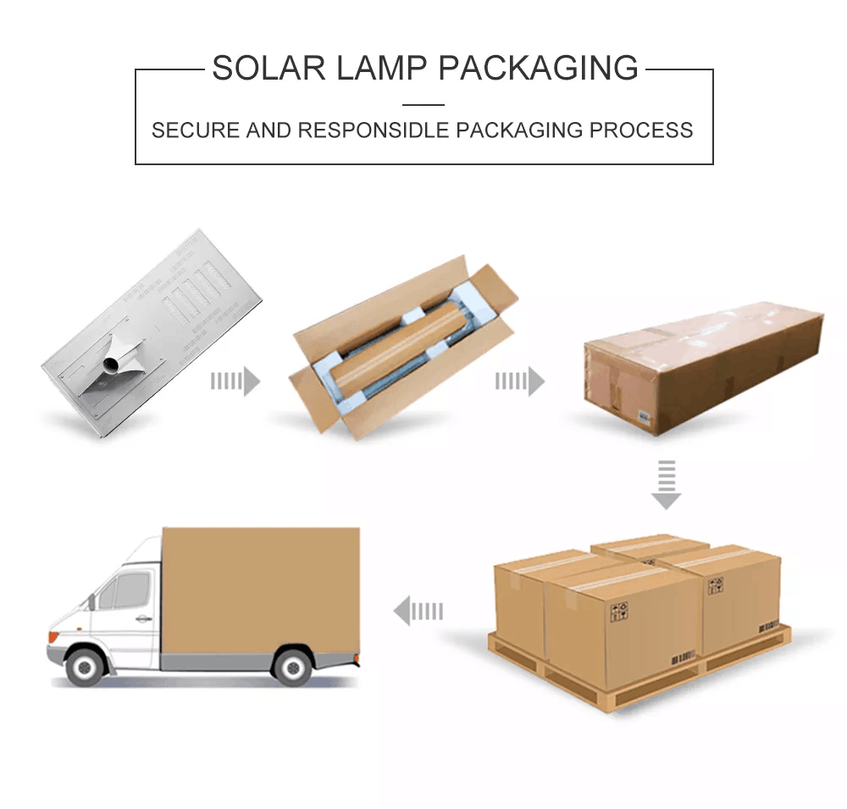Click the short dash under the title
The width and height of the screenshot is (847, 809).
tap(423, 104)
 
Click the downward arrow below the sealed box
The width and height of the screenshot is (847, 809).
tap(667, 485)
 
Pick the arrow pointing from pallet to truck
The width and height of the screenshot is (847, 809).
tap(418, 610)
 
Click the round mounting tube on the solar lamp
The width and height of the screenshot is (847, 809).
tap(111, 366)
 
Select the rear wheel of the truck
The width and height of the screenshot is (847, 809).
tap(293, 666)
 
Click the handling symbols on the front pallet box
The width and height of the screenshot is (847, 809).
tap(620, 611)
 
